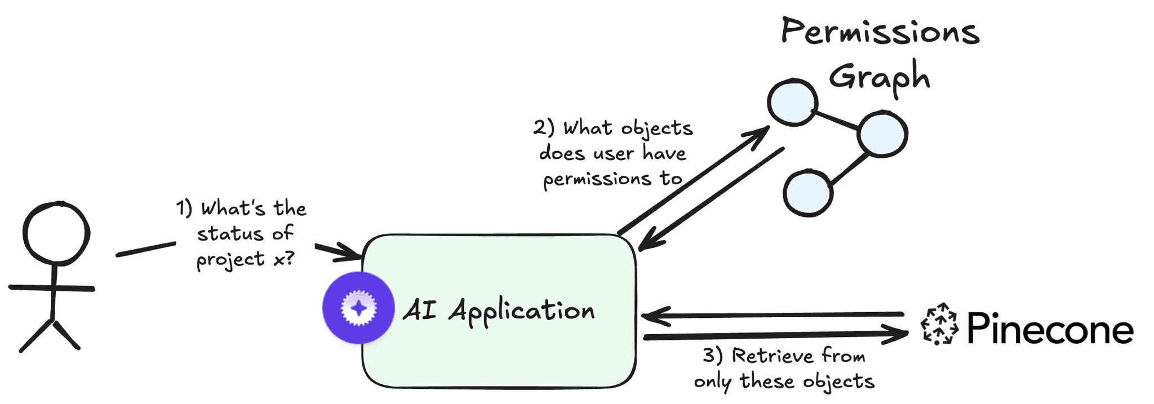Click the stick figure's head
(56, 233)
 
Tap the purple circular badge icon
(358, 308)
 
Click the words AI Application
(499, 311)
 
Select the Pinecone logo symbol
(939, 325)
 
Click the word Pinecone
(1050, 329)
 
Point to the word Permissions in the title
(880, 32)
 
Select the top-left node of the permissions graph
(792, 102)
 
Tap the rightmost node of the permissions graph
(882, 134)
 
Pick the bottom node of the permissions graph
(808, 193)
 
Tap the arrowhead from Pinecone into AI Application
(651, 316)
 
